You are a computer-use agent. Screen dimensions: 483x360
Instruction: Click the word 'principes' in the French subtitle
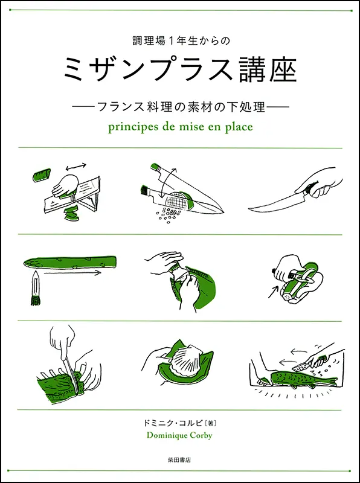pos(129,127)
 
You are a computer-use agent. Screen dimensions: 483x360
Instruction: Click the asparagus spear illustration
pos(69,261)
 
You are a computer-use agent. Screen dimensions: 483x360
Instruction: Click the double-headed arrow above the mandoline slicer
pos(75,165)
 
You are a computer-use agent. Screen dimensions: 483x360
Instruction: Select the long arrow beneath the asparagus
pos(69,273)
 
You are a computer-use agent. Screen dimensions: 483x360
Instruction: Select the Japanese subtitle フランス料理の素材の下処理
pos(180,105)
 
